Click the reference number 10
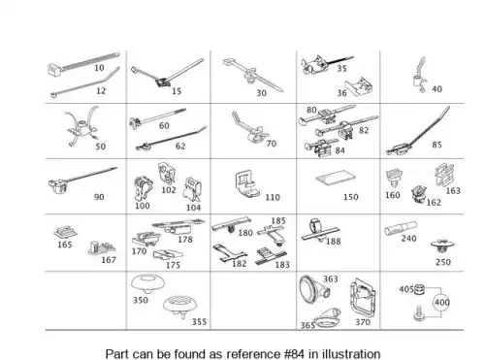[99, 68]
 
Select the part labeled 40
[420, 76]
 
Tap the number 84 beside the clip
[339, 150]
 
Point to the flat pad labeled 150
[336, 179]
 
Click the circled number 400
[441, 303]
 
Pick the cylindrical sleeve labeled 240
[401, 228]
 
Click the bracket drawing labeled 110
[246, 183]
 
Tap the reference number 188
[334, 242]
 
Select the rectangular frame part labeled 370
[364, 298]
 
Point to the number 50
[101, 147]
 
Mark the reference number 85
[436, 145]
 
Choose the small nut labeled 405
[419, 290]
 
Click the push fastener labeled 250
[442, 246]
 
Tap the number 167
[109, 260]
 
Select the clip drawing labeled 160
[394, 178]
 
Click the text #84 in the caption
[294, 354]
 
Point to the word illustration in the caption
[351, 354]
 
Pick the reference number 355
[199, 322]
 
